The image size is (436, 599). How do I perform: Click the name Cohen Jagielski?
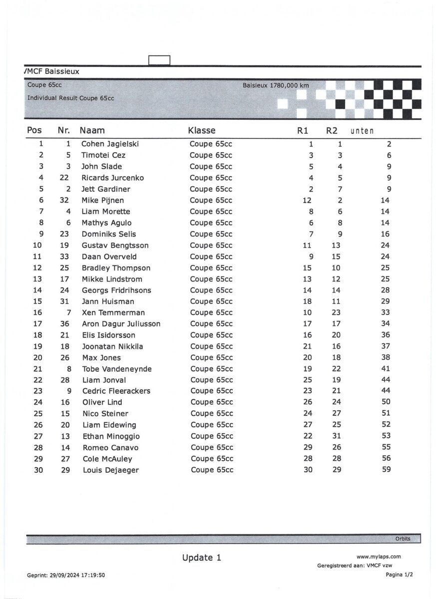[x=110, y=144]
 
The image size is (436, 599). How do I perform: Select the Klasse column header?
[x=202, y=131]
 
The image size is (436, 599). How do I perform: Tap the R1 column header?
[x=303, y=131]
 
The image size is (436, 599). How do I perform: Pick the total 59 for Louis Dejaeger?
[x=386, y=469]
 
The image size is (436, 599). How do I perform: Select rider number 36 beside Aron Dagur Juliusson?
[x=64, y=324]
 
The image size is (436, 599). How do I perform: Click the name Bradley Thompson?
[x=116, y=268]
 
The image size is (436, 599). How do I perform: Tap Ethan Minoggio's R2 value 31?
[x=337, y=436]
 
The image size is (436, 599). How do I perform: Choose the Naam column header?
[x=92, y=131]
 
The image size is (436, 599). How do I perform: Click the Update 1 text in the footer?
[x=202, y=558]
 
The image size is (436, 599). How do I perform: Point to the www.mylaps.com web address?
[x=379, y=557]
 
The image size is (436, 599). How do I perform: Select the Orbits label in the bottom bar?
[x=403, y=539]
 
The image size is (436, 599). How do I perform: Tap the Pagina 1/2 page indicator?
[x=399, y=575]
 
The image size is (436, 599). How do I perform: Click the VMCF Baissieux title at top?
[x=51, y=71]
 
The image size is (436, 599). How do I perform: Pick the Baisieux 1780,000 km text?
[x=276, y=85]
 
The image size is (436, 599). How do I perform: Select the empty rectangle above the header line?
[x=159, y=60]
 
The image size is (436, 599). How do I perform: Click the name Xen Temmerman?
[x=113, y=312]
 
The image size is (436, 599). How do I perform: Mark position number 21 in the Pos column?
[x=38, y=369]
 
